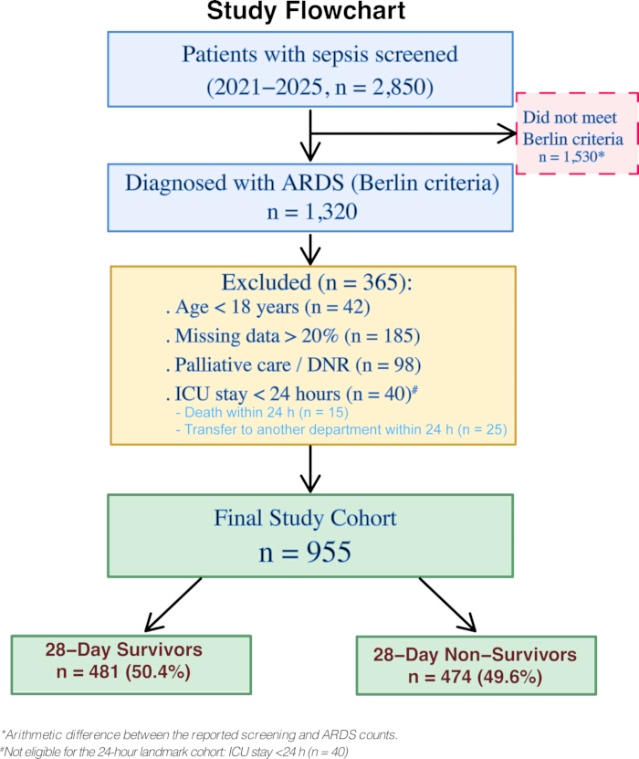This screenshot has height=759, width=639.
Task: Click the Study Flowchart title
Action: point(306,11)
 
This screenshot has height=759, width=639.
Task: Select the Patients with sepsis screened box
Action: point(310,69)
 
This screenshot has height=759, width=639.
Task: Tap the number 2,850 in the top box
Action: point(394,88)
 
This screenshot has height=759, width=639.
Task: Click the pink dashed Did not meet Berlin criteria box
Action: point(577,133)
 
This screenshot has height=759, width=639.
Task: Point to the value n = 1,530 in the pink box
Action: point(571,157)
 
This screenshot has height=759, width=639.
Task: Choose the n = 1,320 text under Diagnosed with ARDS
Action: point(312,212)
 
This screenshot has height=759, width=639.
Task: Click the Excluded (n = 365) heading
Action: point(317,282)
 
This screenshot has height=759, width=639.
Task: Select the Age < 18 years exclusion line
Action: point(268,308)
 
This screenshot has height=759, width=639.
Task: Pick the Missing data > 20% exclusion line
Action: point(293,336)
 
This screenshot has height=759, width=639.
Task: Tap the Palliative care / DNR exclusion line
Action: point(293,365)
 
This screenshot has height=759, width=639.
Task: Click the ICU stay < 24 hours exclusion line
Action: point(292,394)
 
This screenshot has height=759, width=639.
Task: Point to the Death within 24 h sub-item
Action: point(262,413)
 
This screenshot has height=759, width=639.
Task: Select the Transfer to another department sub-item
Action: point(341,429)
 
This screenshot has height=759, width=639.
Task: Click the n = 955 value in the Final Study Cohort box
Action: point(305,553)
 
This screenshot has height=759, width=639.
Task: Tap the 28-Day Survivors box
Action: point(131,665)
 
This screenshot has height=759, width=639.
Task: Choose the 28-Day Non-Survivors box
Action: point(477,666)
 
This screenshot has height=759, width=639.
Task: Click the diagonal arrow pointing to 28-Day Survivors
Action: point(173,605)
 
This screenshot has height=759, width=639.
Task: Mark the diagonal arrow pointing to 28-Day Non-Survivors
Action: point(447,605)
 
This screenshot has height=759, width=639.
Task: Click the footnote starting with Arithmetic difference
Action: point(199,735)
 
